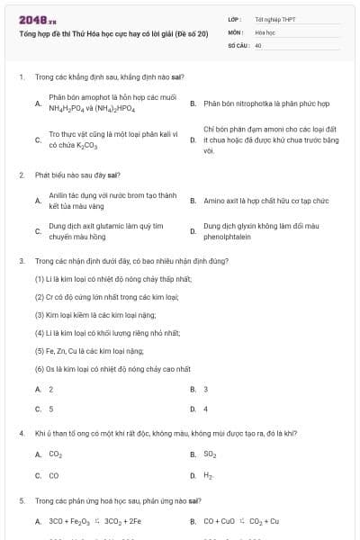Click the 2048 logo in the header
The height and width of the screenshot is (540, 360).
[31, 19]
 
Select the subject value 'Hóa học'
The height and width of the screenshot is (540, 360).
[264, 31]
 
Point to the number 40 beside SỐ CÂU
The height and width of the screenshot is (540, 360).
[258, 44]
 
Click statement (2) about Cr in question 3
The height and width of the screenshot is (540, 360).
[106, 296]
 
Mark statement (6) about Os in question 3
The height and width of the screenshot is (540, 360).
[112, 368]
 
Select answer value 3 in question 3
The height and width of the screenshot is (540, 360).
[206, 389]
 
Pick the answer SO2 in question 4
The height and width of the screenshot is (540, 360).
[210, 454]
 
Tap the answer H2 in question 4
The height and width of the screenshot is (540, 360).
[209, 474]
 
